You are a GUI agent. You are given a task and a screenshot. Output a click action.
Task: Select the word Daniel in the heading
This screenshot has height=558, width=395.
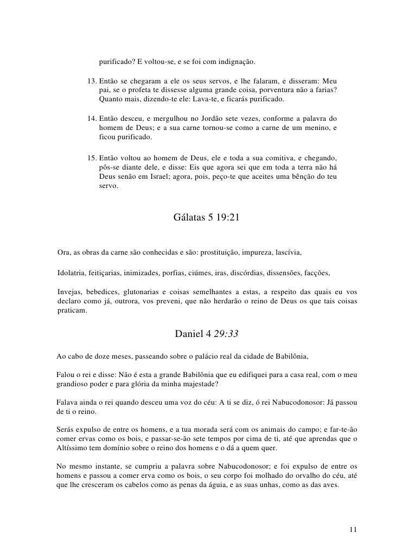click(x=187, y=334)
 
